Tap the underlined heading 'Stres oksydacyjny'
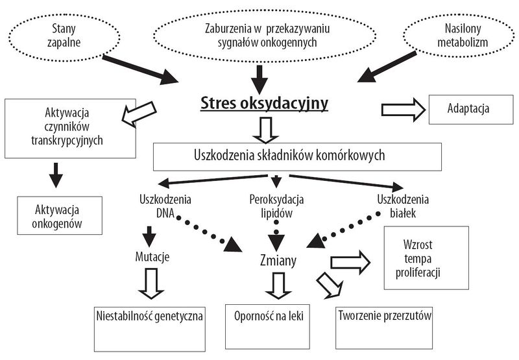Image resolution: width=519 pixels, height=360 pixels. pos(264,103)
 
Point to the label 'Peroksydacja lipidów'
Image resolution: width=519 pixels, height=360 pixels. pos(276,206)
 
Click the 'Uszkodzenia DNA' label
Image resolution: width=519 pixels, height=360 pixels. pos(165,206)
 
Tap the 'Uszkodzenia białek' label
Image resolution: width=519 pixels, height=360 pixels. pos(403,206)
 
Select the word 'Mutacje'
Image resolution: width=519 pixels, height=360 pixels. pos(152,257)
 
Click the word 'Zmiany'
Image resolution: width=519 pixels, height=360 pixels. pos(278,261)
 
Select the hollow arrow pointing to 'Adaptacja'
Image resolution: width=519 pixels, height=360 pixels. pos(404,110)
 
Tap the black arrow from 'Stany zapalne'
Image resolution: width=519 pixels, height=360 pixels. pos(140,70)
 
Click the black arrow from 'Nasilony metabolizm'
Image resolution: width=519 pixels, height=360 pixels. pos(387,67)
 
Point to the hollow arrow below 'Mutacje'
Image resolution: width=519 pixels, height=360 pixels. pos(151,283)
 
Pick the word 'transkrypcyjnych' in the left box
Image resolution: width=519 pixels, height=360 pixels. pos(67,141)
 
